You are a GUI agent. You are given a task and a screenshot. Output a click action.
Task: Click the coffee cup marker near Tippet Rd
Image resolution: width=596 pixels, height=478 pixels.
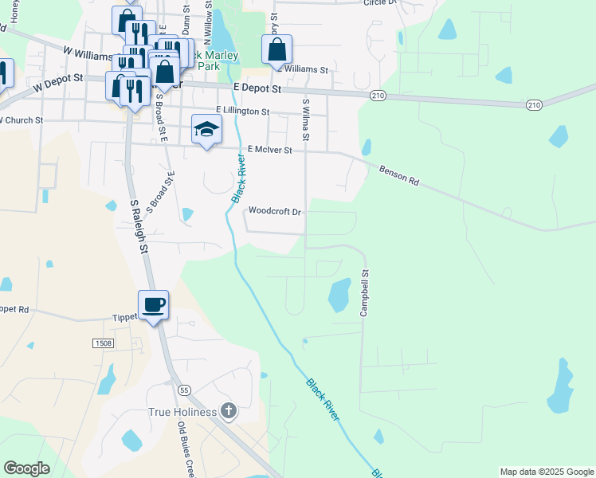(x=153, y=304)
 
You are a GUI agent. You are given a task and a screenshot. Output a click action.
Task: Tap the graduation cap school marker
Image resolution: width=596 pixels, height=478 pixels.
(x=206, y=129)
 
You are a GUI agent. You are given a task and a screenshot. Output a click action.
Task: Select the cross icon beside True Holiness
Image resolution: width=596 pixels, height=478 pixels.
(x=228, y=411)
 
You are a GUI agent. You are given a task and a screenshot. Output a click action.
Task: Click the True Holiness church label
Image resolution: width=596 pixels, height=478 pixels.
(x=182, y=412)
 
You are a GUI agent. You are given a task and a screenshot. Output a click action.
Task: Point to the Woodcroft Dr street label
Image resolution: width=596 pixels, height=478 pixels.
(x=274, y=212)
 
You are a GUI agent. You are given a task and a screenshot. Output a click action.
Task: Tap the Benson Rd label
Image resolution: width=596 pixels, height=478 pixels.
(x=399, y=175)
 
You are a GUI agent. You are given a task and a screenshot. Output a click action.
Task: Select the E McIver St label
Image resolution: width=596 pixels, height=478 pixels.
(x=270, y=149)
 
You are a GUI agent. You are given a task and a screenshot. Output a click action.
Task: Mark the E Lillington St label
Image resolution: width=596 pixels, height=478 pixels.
(x=242, y=112)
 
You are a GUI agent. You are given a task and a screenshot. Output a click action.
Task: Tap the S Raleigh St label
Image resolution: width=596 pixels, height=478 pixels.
(x=139, y=226)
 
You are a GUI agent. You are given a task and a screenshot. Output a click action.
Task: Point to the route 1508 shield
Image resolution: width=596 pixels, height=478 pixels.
(x=103, y=343)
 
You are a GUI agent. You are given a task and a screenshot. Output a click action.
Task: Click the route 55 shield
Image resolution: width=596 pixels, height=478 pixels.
(x=185, y=390)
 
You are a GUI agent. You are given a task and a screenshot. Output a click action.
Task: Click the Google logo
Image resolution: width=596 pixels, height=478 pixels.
(x=26, y=468)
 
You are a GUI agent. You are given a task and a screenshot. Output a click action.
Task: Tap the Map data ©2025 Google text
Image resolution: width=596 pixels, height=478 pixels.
(x=546, y=472)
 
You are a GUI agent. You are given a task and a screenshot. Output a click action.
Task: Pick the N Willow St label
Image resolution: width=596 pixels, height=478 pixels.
(x=207, y=29)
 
